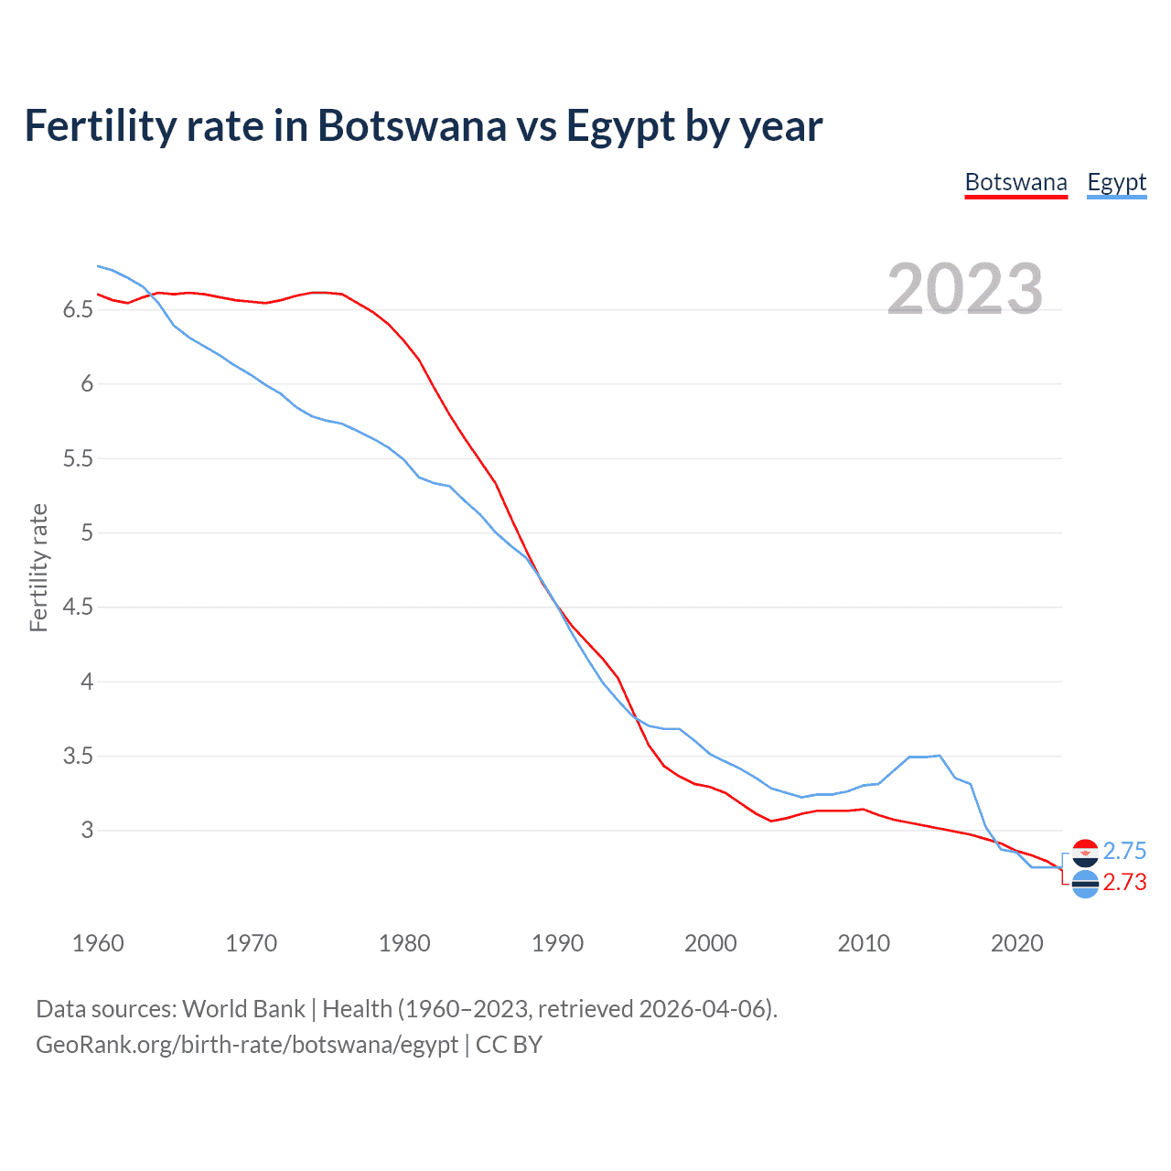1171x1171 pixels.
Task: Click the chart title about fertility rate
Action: coord(423,125)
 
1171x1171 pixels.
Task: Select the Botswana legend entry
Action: coord(1015,182)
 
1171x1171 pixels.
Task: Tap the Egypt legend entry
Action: coord(1116,182)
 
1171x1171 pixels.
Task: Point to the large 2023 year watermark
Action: coord(964,289)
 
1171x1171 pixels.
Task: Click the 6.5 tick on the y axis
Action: coord(78,310)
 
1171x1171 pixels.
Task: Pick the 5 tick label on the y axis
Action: coord(87,532)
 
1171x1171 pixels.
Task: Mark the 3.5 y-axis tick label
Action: coord(78,757)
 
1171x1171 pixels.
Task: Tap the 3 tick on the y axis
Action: coord(87,831)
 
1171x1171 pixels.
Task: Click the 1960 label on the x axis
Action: coord(98,943)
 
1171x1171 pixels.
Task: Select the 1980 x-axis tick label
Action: coord(404,943)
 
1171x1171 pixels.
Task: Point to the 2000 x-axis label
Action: coord(710,943)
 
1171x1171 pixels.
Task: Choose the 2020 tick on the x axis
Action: coord(1016,943)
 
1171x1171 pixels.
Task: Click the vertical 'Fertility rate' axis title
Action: coord(38,567)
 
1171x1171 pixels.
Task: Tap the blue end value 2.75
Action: coord(1124,851)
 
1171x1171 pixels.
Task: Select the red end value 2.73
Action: coord(1124,882)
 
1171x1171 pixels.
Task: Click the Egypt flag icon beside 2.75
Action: coord(1085,853)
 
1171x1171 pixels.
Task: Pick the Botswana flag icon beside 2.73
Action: coord(1085,885)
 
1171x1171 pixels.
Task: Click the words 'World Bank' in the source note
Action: coord(243,1009)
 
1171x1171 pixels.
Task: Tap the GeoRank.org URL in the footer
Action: coord(247,1045)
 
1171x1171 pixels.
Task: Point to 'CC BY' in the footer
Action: coord(509,1045)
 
